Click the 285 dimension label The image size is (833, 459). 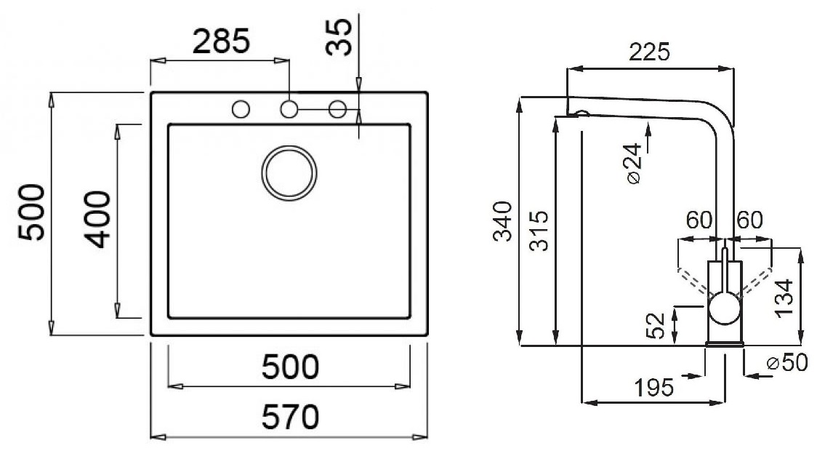coord(220,41)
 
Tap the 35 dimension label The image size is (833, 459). coord(339,36)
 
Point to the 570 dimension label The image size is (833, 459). coord(290,417)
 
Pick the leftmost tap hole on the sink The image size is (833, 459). coord(241,109)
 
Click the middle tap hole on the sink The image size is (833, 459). coord(289,109)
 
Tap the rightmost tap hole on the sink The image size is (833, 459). coord(337,109)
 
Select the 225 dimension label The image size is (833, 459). coord(649,52)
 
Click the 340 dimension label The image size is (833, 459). coord(502,220)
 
